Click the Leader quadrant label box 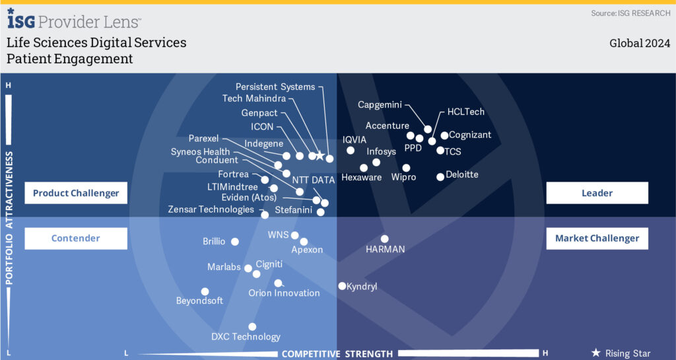pyautogui.click(x=597, y=193)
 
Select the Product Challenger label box pyautogui.click(x=76, y=193)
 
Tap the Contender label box pyautogui.click(x=76, y=238)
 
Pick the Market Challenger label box pyautogui.click(x=597, y=238)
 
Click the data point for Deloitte pyautogui.click(x=440, y=176)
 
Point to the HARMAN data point pyautogui.click(x=385, y=239)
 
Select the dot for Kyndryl pyautogui.click(x=342, y=286)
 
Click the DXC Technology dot pyautogui.click(x=252, y=326)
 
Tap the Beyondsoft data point pyautogui.click(x=205, y=291)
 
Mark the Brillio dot pyautogui.click(x=235, y=242)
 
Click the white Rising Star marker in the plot pyautogui.click(x=320, y=156)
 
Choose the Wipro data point pyautogui.click(x=406, y=168)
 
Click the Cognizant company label pyautogui.click(x=470, y=135)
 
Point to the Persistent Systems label pyautogui.click(x=275, y=87)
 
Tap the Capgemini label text pyautogui.click(x=380, y=104)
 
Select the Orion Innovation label pyautogui.click(x=284, y=293)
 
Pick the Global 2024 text pyautogui.click(x=640, y=44)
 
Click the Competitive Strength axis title pyautogui.click(x=337, y=353)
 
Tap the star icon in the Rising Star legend pyautogui.click(x=596, y=353)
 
